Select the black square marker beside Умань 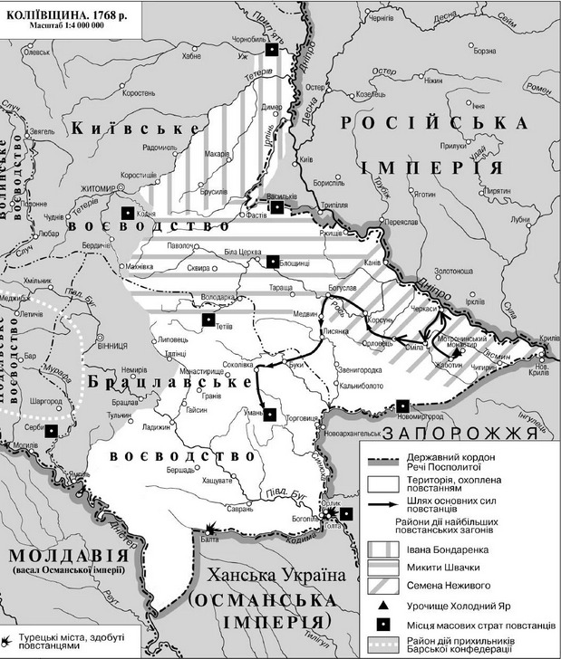tap(268, 415)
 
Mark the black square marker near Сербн tap(53, 431)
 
